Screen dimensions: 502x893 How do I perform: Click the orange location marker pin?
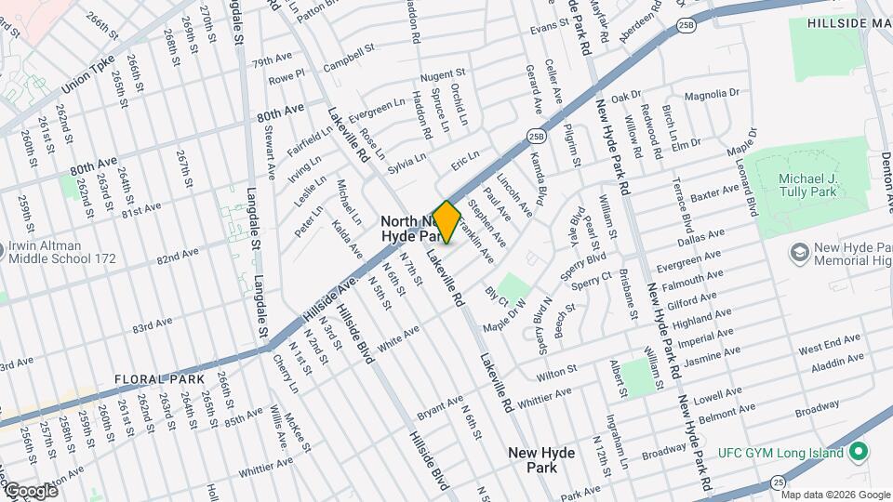tap(446, 222)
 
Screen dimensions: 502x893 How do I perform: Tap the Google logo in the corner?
tap(30, 490)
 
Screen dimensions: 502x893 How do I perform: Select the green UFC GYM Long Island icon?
tap(860, 453)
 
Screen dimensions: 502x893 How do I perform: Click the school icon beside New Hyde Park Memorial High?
tap(798, 252)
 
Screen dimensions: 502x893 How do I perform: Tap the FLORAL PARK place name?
tap(158, 379)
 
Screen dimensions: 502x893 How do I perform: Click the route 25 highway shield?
tap(777, 482)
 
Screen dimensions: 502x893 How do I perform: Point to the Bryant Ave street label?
tap(440, 406)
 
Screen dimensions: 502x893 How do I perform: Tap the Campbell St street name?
tap(348, 59)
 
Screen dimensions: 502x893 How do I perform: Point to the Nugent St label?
tap(442, 74)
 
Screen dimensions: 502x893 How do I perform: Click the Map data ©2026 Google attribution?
tap(835, 494)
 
